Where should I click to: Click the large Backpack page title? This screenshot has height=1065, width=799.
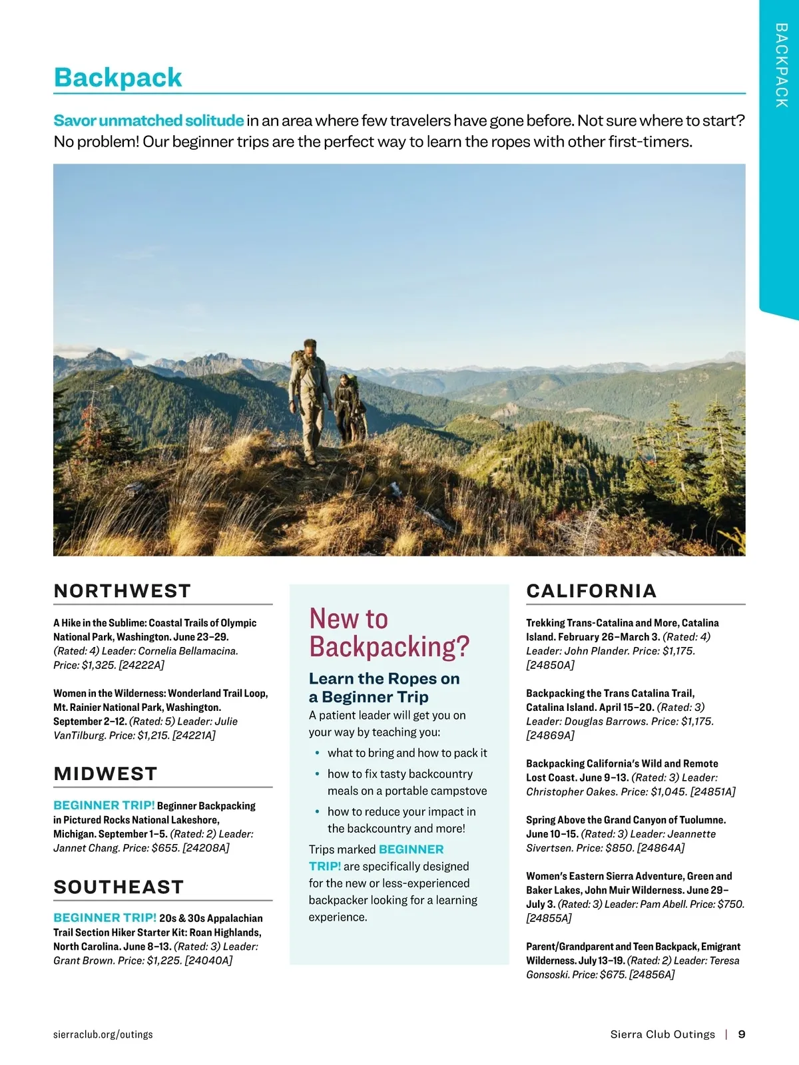pyautogui.click(x=118, y=78)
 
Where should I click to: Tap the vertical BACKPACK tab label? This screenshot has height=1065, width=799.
pyautogui.click(x=781, y=65)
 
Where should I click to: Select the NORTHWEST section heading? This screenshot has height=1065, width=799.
pyautogui.click(x=122, y=591)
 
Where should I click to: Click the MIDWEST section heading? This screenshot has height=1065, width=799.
pyautogui.click(x=105, y=773)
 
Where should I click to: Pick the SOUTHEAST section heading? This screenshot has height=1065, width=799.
pyautogui.click(x=119, y=887)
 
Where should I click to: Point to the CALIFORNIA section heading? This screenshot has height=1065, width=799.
pyautogui.click(x=591, y=591)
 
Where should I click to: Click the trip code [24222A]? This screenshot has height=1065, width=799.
pyautogui.click(x=141, y=665)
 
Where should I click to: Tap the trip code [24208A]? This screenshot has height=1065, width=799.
pyautogui.click(x=206, y=848)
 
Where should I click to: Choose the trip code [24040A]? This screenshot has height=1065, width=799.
pyautogui.click(x=208, y=960)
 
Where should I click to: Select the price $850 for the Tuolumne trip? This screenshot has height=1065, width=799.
pyautogui.click(x=619, y=848)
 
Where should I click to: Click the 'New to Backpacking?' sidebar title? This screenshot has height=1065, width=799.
pyautogui.click(x=389, y=632)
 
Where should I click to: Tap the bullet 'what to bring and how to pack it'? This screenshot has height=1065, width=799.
pyautogui.click(x=407, y=753)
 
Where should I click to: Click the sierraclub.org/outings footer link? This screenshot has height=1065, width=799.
pyautogui.click(x=103, y=1034)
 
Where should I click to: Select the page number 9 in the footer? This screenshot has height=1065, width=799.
pyautogui.click(x=742, y=1034)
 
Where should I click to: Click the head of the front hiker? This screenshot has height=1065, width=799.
pyautogui.click(x=310, y=347)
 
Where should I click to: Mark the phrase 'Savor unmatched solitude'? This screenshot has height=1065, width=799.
pyautogui.click(x=148, y=121)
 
